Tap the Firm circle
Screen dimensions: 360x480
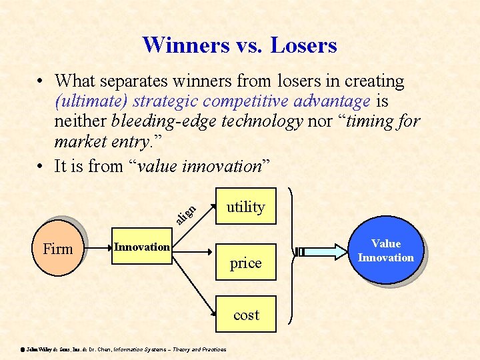pos(58,249)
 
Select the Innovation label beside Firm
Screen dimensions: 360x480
pos(141,247)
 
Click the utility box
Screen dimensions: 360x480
pos(246,207)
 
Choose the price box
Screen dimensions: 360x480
pos(246,263)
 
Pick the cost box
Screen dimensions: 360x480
pos(246,314)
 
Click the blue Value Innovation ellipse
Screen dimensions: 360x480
pos(385,251)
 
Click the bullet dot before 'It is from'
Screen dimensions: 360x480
pos(41,166)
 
